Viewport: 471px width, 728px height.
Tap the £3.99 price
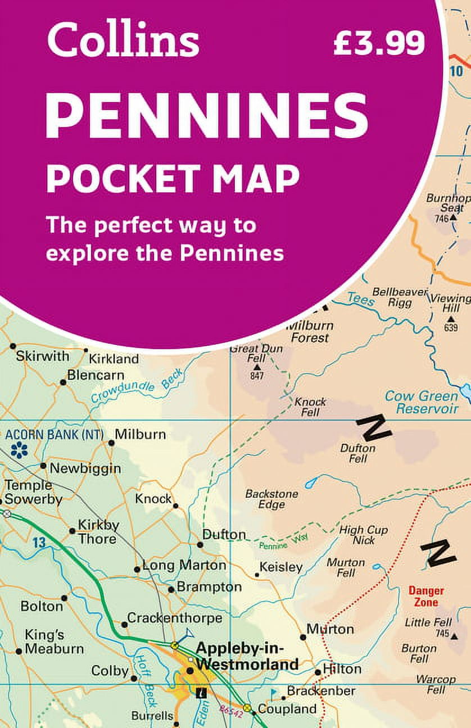tap(379, 43)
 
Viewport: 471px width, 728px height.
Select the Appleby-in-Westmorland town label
tap(247, 657)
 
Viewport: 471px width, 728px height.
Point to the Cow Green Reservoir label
tap(421, 402)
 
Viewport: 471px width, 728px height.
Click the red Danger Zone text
tap(425, 597)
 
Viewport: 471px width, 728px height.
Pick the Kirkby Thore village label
tap(98, 531)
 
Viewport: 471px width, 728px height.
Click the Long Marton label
tap(184, 565)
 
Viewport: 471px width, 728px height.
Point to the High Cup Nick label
tap(363, 535)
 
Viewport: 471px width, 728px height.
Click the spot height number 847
tap(257, 376)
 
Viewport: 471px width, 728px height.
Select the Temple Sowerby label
tap(33, 492)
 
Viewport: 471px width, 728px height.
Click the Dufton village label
tap(224, 535)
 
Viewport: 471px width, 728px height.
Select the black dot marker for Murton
tap(303, 637)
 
